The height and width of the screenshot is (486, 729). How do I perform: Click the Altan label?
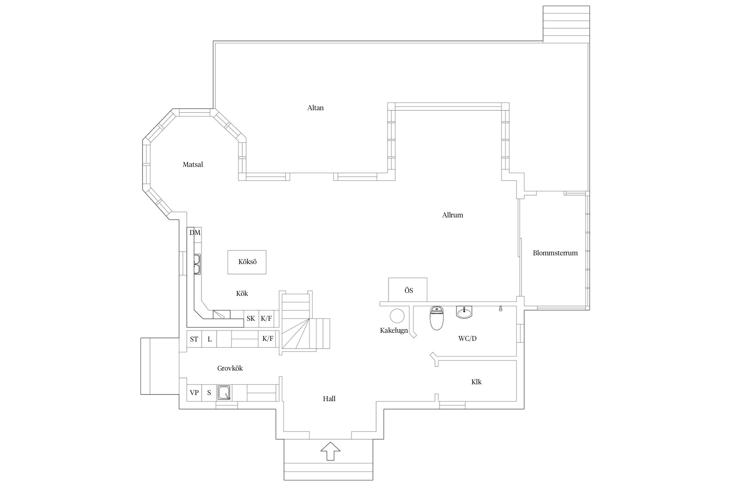[x=315, y=108]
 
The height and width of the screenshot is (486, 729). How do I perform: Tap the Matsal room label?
[x=193, y=165]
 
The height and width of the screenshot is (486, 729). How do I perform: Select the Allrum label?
[x=452, y=215]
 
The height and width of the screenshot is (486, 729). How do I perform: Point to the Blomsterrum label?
[x=555, y=253]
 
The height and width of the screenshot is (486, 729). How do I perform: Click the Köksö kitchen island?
[x=247, y=262]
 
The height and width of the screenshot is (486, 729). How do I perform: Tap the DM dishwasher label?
[x=195, y=233]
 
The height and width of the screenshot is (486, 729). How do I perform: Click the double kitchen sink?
[x=197, y=264]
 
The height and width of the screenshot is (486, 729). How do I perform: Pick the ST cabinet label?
[x=194, y=339]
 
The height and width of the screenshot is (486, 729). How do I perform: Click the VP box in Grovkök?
[x=194, y=393]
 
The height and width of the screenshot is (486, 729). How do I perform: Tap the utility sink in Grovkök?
[x=224, y=393]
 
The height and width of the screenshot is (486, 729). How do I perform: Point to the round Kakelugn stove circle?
[x=397, y=316]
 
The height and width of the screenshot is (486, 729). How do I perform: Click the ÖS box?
[x=408, y=290]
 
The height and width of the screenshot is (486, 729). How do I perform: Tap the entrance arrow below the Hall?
[x=330, y=451]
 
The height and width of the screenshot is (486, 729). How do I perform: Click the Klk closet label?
[x=476, y=382]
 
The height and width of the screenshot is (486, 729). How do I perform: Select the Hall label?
[x=329, y=399]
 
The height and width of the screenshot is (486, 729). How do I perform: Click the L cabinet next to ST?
[x=209, y=339]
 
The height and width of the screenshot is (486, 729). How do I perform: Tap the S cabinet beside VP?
[x=209, y=393]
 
